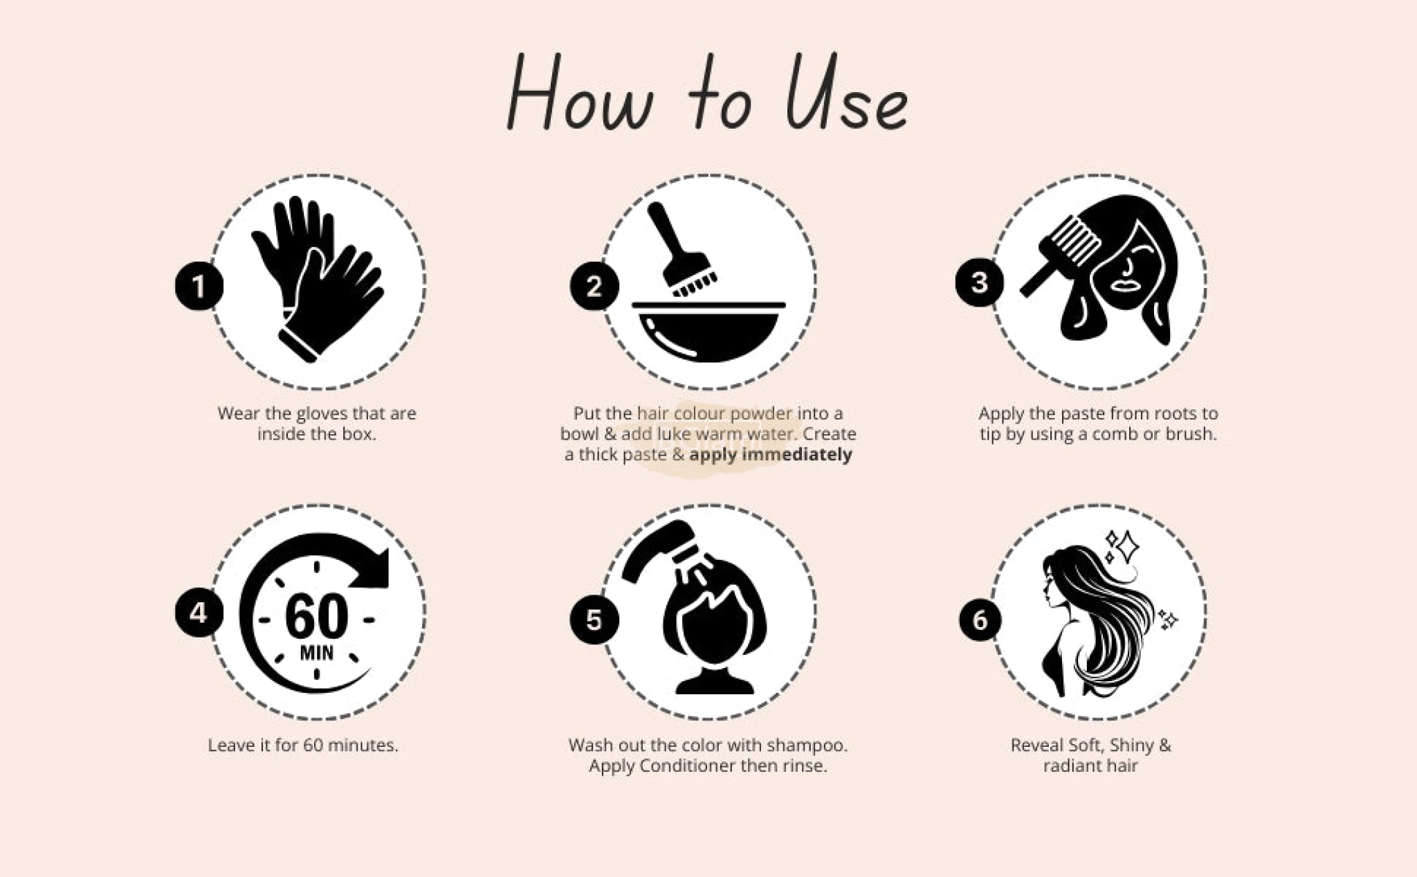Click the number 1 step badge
[199, 286]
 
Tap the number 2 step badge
[594, 286]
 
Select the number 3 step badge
[980, 282]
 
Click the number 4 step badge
[199, 613]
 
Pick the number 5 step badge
[594, 620]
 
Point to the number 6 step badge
[980, 620]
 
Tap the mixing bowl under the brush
[708, 332]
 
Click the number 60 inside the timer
[317, 616]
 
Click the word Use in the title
[847, 93]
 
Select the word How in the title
[580, 93]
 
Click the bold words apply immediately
[771, 455]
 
